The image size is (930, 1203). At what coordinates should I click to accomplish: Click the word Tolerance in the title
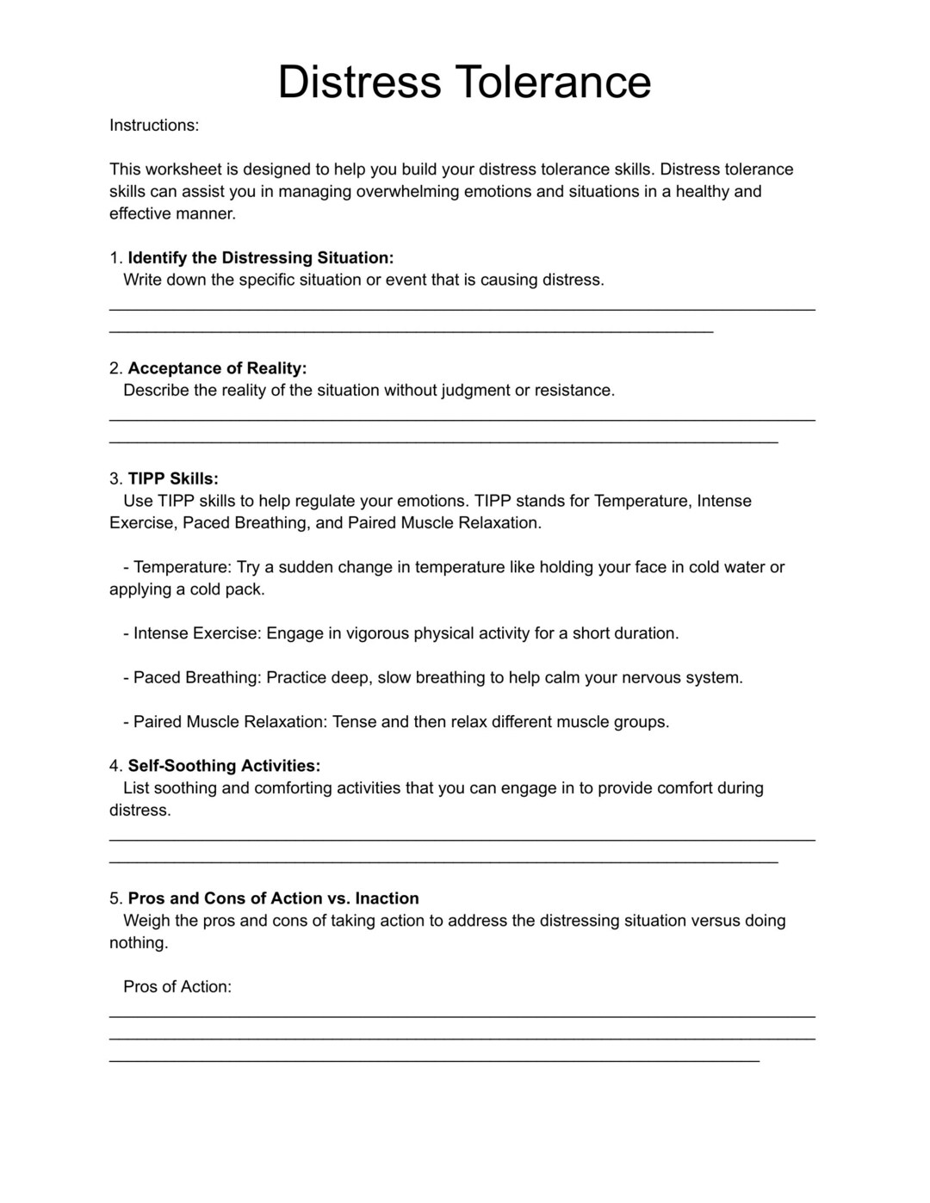[553, 83]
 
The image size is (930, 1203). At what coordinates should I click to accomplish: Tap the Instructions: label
[154, 126]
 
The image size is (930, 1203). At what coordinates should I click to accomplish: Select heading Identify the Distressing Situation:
[261, 258]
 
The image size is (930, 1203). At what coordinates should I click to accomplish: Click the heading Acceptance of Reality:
[217, 368]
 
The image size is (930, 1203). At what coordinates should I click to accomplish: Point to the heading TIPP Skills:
[173, 478]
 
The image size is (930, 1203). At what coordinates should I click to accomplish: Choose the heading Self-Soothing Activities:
[224, 766]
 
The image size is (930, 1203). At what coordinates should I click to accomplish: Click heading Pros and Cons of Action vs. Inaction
[274, 898]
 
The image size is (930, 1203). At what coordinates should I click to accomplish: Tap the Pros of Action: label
[177, 987]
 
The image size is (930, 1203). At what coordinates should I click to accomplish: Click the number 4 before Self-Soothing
[115, 766]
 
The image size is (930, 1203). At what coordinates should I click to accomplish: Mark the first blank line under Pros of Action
[462, 1017]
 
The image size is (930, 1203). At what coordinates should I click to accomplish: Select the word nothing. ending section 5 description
[139, 943]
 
